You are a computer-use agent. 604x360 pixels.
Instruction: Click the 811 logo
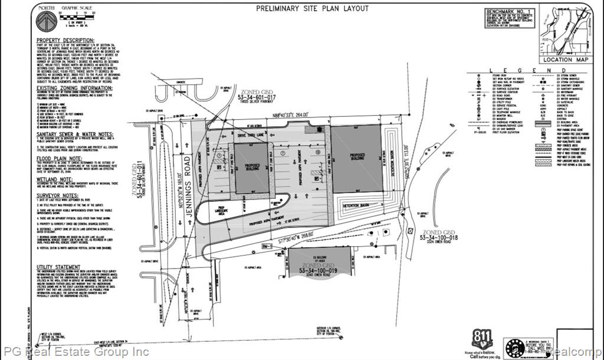pos(479,339)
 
